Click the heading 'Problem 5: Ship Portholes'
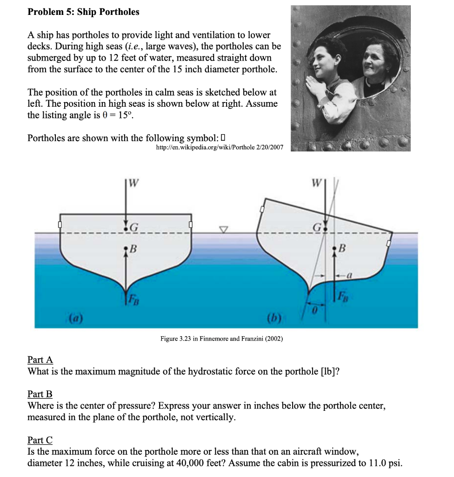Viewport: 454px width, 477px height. [x=83, y=12]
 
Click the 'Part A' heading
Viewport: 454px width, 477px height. [x=40, y=360]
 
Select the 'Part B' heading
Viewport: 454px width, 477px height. [x=40, y=394]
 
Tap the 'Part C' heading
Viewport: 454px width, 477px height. [x=40, y=440]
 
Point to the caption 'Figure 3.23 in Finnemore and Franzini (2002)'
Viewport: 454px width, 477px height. [x=221, y=339]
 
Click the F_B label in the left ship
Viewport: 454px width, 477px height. [x=134, y=297]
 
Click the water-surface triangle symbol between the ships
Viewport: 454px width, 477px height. [x=224, y=229]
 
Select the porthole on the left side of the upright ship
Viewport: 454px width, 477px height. [x=60, y=225]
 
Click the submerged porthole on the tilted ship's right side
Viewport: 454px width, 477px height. [x=388, y=243]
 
